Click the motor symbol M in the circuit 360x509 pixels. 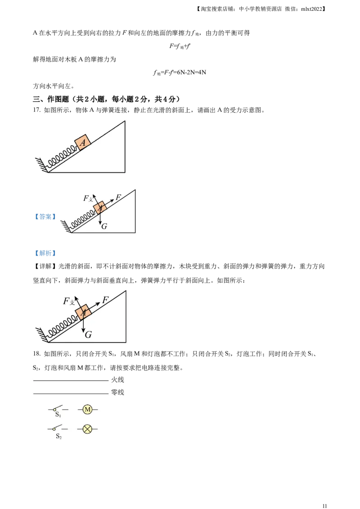pos(87,409)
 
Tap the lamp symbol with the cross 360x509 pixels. pos(87,429)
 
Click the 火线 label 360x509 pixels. pos(117,380)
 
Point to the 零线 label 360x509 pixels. pos(117,392)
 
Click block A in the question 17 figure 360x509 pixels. pos(82,142)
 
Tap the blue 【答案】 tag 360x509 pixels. pos(45,217)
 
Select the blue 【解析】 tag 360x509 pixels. pos(45,253)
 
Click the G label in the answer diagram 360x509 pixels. pos(104,226)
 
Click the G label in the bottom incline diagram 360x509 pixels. pos(88,335)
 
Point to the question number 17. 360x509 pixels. pos(37,110)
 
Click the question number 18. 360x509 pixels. pos(37,354)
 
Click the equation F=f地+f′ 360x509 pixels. pos(180,46)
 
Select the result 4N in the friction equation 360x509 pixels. pos(202,72)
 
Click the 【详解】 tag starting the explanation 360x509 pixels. pos(45,267)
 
